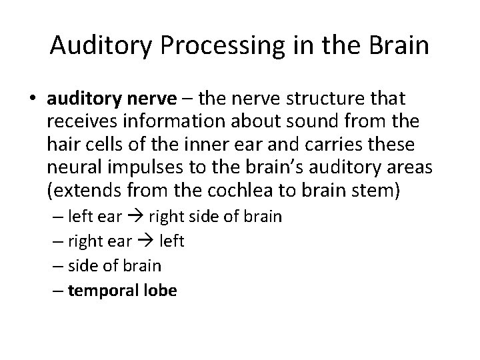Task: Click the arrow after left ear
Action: click(x=138, y=217)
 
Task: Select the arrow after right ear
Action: click(x=146, y=241)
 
